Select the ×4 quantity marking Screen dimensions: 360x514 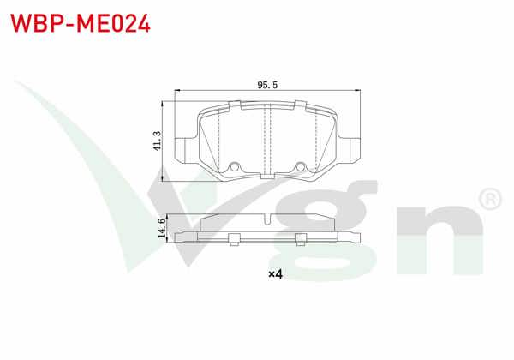pyautogui.click(x=275, y=274)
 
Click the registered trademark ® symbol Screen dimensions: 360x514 pyautogui.click(x=488, y=199)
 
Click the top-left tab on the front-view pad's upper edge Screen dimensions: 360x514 pyautogui.click(x=234, y=104)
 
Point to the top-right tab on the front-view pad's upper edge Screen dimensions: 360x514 pyautogui.click(x=301, y=104)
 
